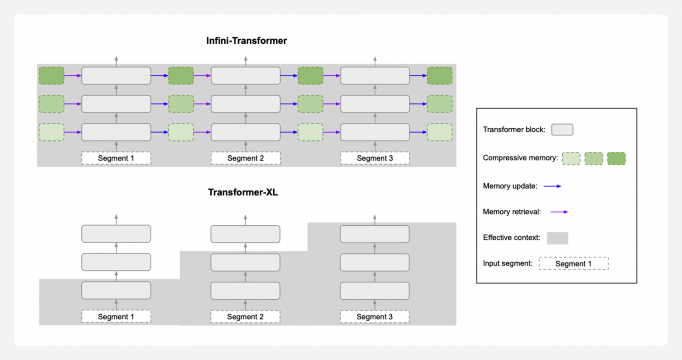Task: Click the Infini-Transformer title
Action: click(x=247, y=41)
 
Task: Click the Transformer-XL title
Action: click(x=243, y=192)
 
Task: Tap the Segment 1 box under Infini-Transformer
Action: click(x=116, y=158)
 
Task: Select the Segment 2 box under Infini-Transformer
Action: click(x=245, y=158)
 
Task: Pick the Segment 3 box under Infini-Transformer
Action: click(x=375, y=158)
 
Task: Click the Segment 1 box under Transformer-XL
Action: click(x=116, y=316)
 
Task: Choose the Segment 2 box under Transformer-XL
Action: click(x=245, y=316)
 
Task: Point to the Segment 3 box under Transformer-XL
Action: click(x=374, y=316)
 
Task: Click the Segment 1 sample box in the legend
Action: click(x=573, y=263)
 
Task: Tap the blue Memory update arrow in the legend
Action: click(x=553, y=186)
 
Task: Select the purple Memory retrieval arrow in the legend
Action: click(x=559, y=212)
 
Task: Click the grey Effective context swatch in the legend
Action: click(x=557, y=238)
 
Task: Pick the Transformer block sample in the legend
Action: click(x=562, y=129)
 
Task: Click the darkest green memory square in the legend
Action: click(x=616, y=158)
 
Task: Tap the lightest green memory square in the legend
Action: click(x=571, y=158)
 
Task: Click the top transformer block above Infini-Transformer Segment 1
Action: click(x=116, y=76)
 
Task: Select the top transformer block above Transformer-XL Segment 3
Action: click(x=375, y=234)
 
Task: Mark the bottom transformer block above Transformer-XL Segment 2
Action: click(x=245, y=290)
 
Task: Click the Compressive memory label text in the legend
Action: click(x=520, y=158)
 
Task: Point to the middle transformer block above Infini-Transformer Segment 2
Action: click(x=245, y=104)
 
